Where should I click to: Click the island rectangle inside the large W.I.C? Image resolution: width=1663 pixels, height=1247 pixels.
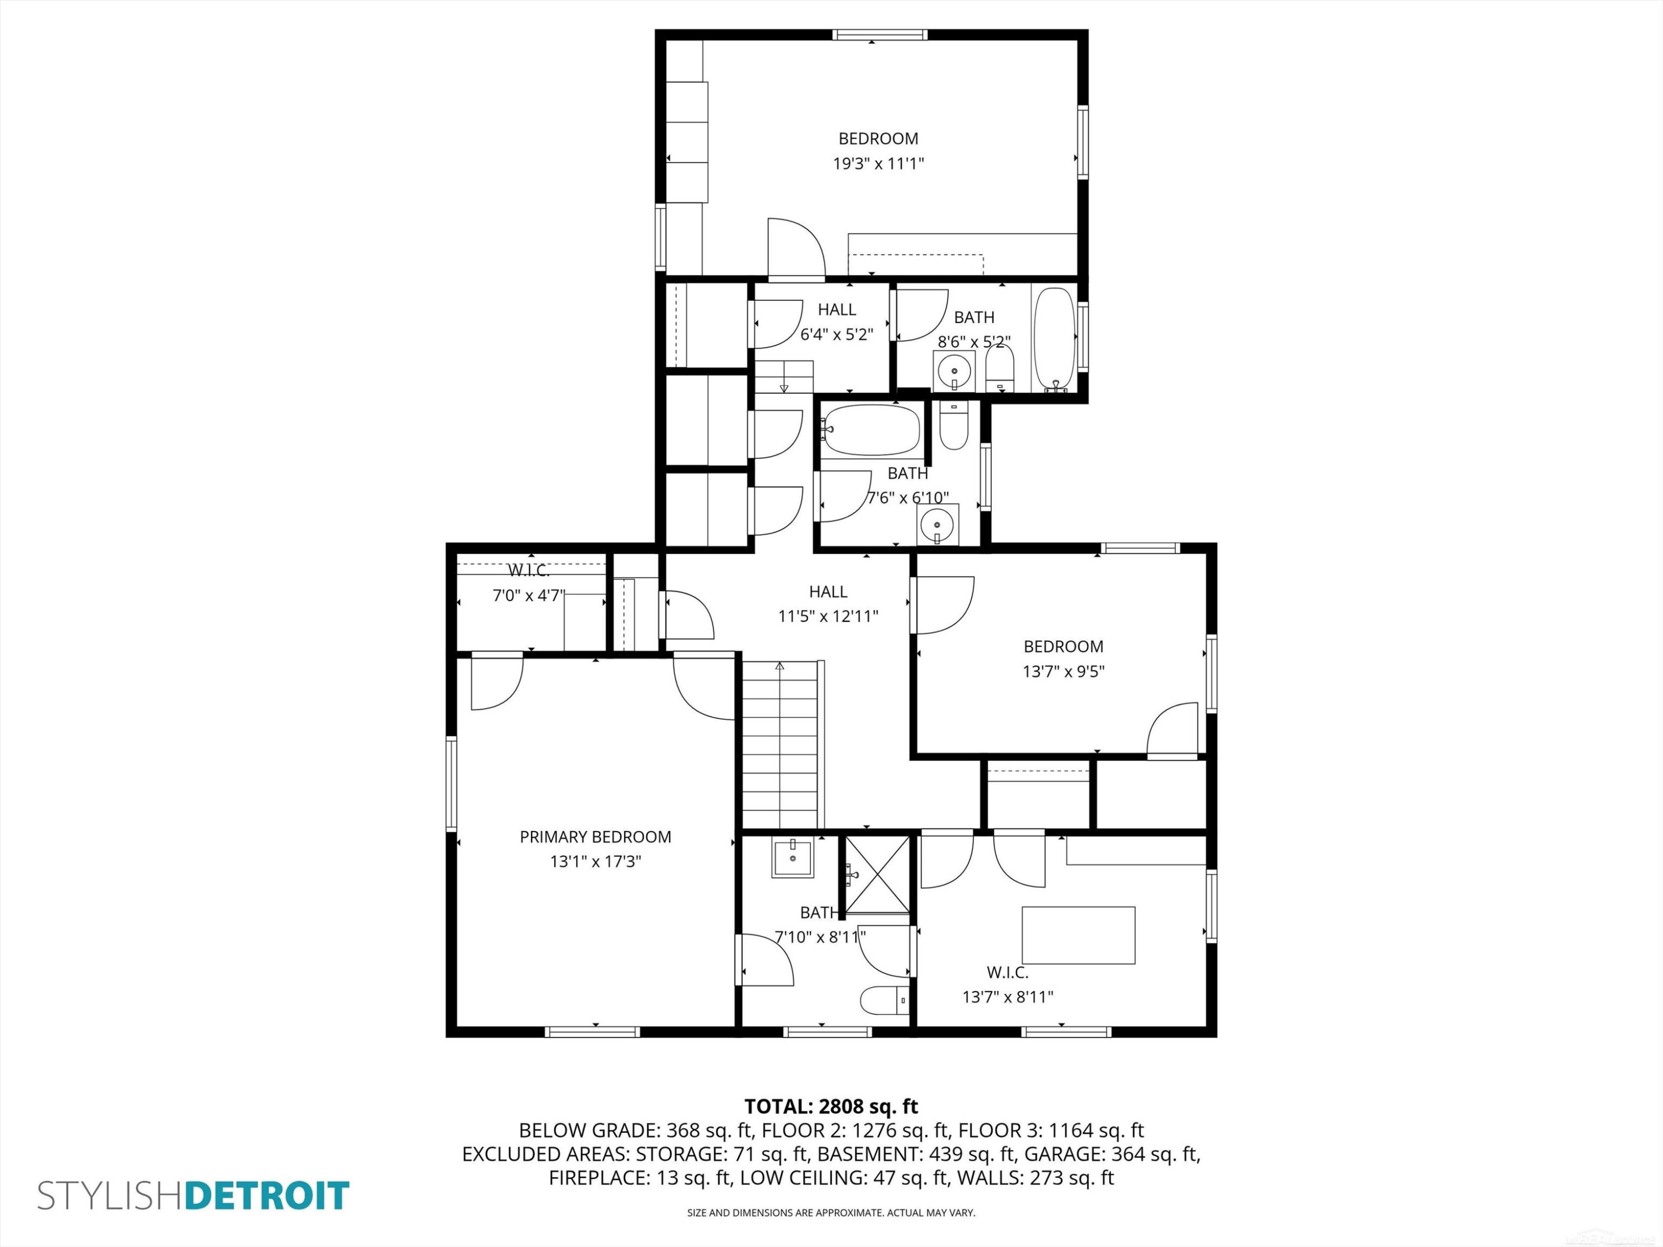pos(1078,935)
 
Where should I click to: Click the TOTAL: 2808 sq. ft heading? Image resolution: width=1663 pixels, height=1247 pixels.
pos(831,1106)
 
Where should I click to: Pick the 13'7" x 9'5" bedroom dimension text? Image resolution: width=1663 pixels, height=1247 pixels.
pos(1063,671)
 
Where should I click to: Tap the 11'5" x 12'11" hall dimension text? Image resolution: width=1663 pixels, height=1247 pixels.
pos(829,616)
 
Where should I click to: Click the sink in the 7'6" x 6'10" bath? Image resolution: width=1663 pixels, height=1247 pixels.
pos(937,524)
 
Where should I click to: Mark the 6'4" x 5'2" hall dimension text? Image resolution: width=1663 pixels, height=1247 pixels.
pos(836,334)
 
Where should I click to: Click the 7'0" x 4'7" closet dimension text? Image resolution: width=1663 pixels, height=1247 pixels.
pos(528,596)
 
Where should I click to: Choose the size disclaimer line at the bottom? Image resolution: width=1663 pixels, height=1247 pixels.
pos(831,1213)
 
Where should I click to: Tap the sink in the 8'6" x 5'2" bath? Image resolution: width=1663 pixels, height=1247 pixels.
pos(954,371)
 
